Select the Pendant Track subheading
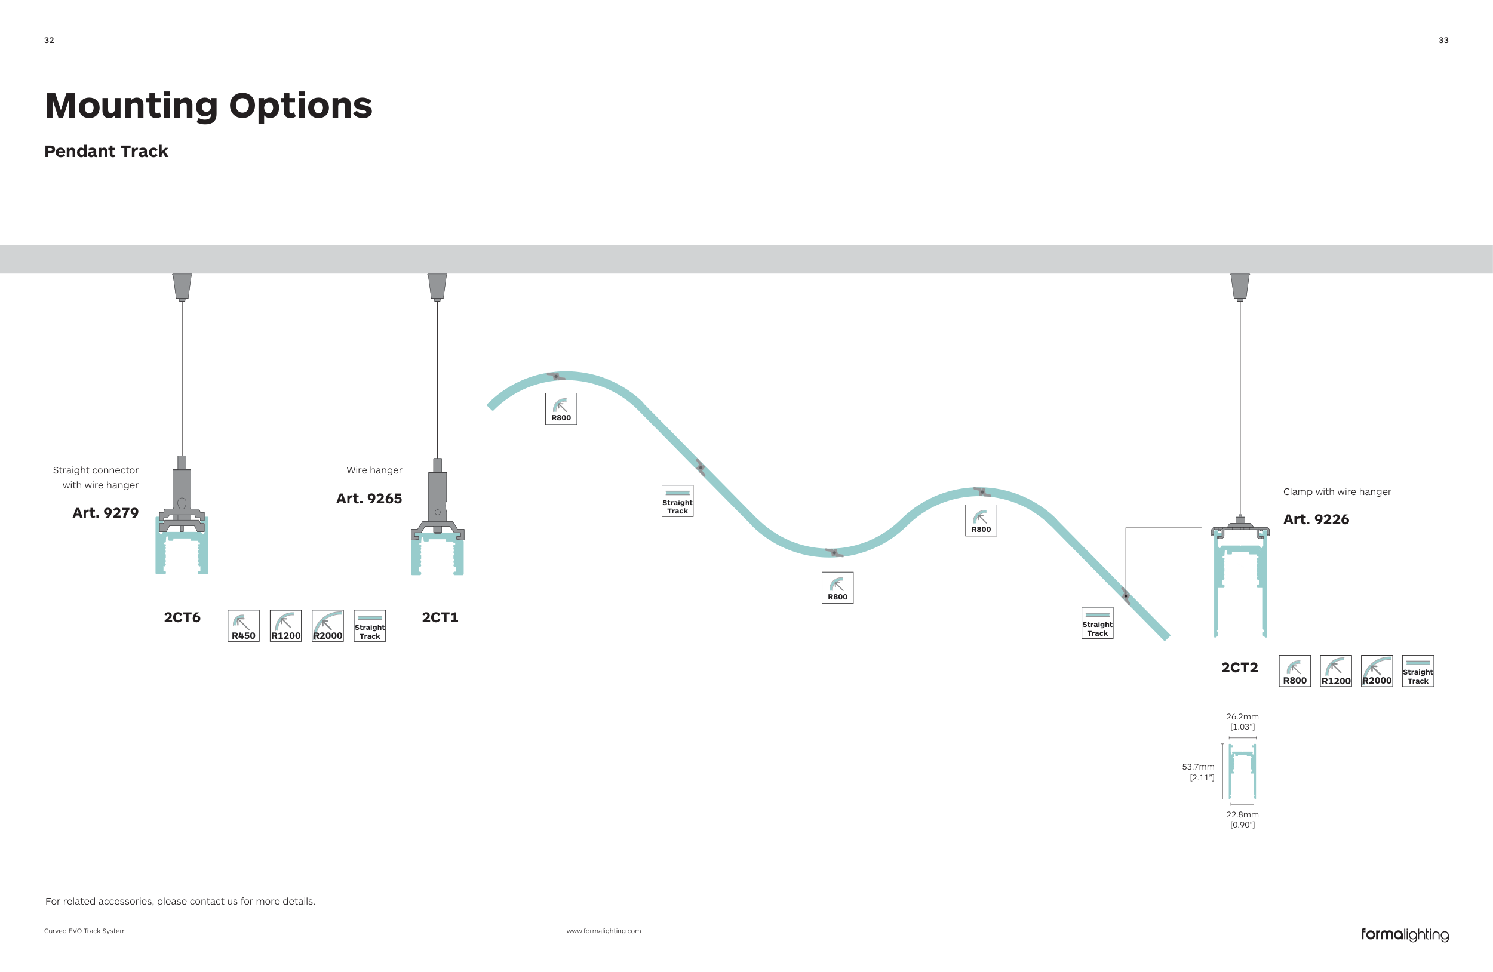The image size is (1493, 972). [106, 151]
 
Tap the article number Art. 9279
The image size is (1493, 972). [105, 512]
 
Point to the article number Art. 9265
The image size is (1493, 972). [369, 498]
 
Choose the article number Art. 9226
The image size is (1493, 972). [1316, 519]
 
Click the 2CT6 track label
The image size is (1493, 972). [182, 617]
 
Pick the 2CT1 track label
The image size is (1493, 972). [440, 617]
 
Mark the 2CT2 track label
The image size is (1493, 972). [1239, 668]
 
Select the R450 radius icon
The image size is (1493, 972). [244, 626]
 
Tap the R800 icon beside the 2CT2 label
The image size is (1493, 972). [1294, 671]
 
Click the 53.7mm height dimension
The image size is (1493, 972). [1197, 772]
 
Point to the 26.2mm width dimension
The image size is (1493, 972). [1242, 721]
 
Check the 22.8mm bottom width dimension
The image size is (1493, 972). [1242, 819]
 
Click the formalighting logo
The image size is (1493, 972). [1404, 934]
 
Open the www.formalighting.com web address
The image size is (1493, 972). [604, 931]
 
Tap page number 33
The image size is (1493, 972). [1443, 40]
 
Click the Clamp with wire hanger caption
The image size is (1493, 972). [1337, 491]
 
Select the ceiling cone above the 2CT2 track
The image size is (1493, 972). [1240, 287]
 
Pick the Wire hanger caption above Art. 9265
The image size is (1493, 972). [374, 470]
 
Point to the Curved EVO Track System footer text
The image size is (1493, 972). [85, 931]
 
